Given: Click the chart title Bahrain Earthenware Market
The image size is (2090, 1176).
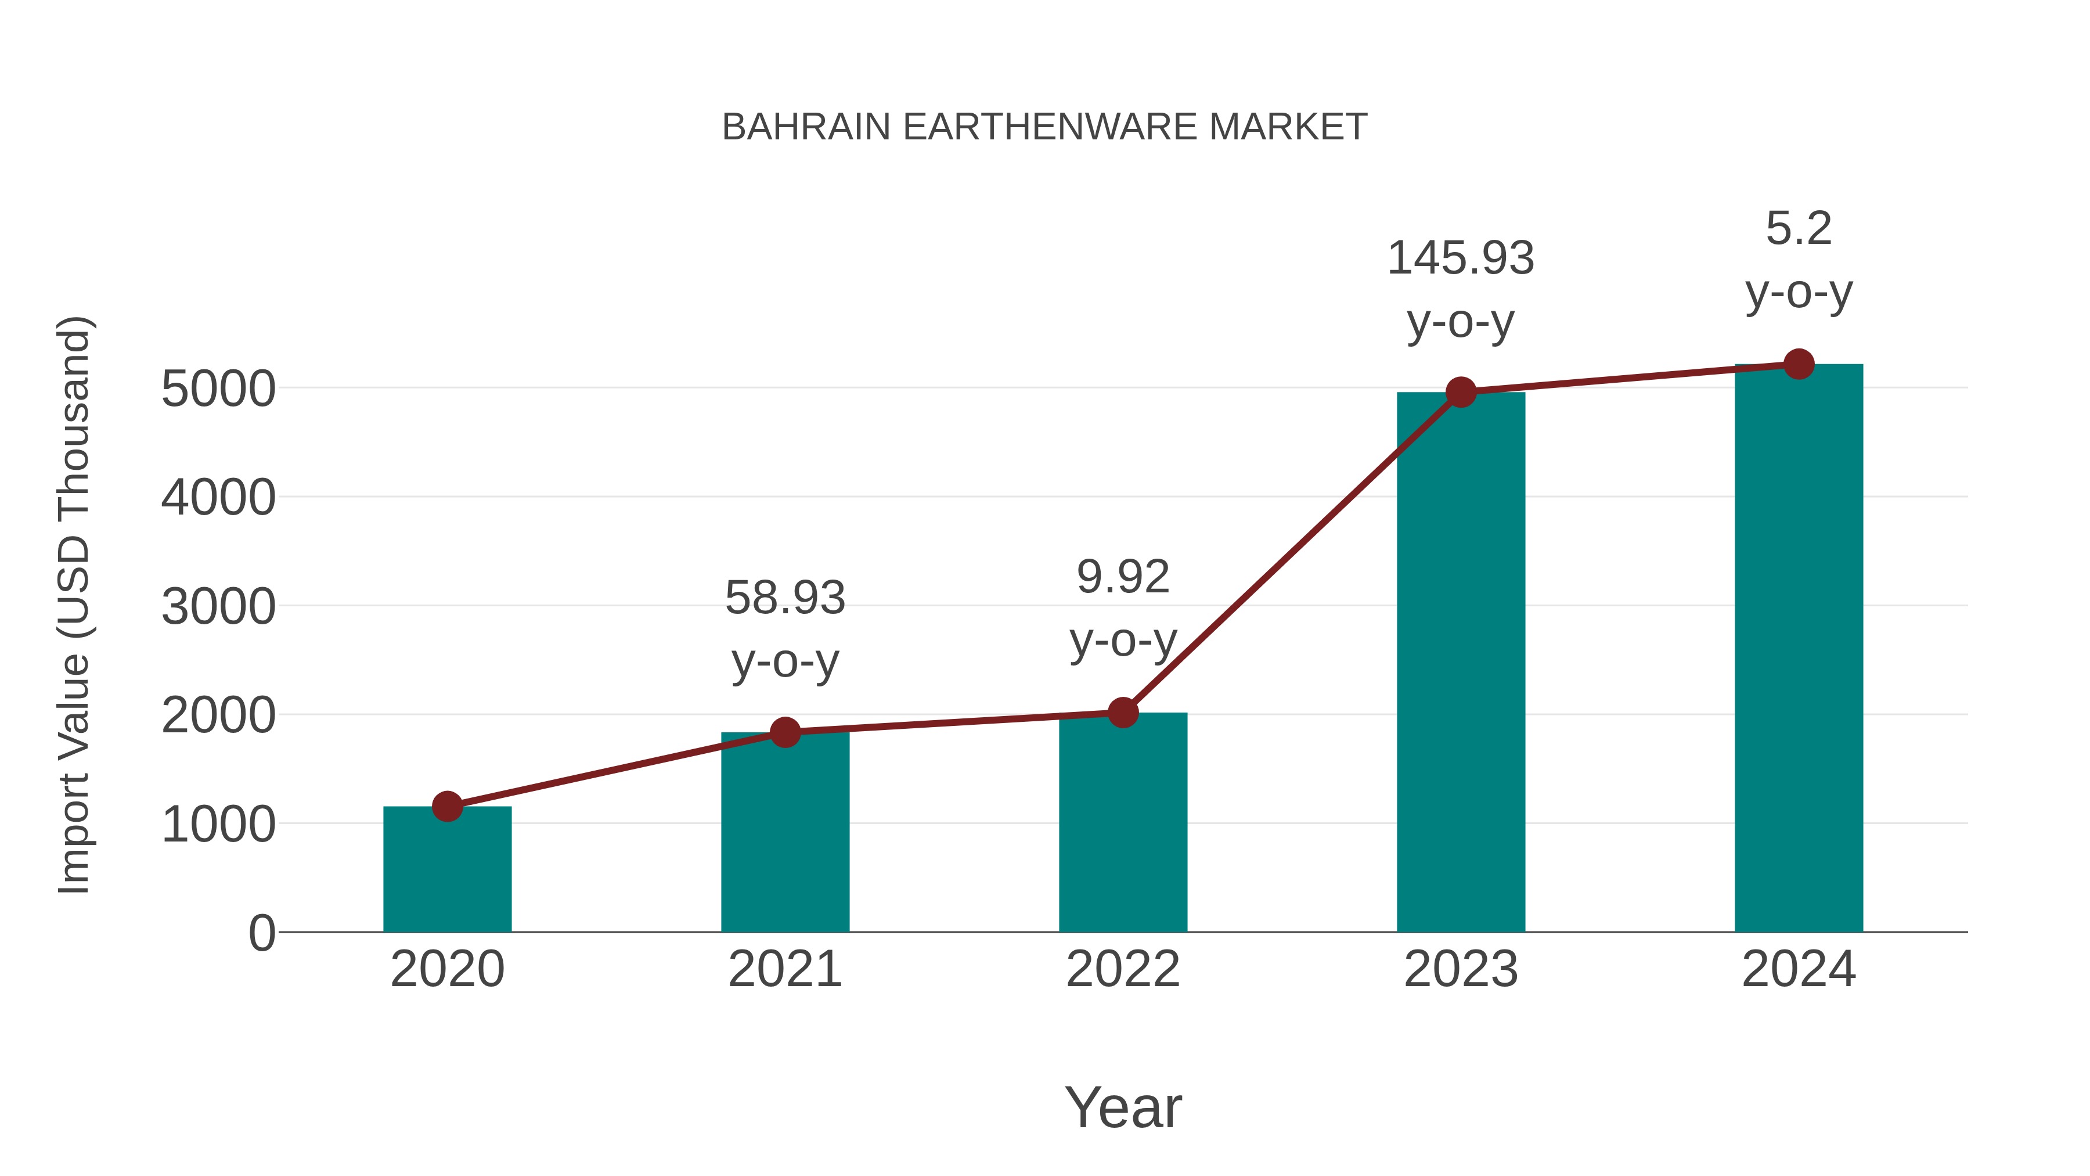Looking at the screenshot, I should coord(1044,127).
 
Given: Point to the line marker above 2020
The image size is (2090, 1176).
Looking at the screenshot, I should coord(447,807).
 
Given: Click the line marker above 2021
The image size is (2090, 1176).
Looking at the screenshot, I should coord(784,733).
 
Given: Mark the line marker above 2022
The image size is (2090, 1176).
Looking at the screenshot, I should coord(1123,713).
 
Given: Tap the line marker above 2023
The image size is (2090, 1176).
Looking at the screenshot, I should coord(1461,393).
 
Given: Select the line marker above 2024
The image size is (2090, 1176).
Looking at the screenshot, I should coord(1799,364).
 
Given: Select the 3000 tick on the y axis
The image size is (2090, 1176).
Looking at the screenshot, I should coord(218,606).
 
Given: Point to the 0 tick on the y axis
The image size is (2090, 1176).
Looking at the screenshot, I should coord(261,933).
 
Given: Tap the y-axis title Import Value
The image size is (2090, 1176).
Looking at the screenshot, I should coord(73,605).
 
